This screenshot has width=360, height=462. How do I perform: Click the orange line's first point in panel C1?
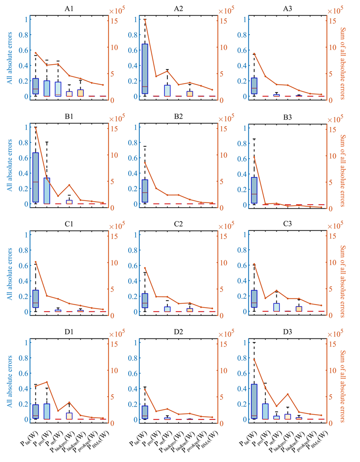[36, 262]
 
